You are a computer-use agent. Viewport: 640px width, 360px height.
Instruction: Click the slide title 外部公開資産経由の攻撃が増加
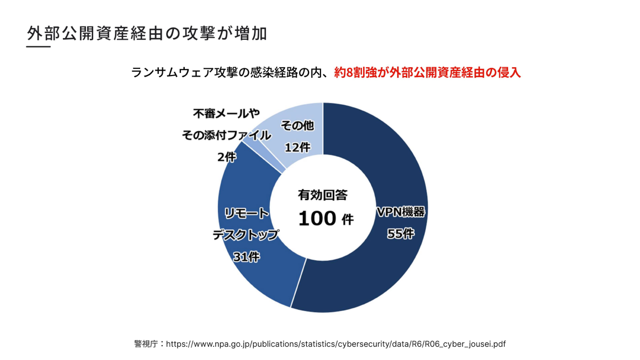147,33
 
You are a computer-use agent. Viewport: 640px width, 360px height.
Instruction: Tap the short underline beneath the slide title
38,47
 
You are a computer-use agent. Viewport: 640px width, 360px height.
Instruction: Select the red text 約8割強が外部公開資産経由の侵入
428,73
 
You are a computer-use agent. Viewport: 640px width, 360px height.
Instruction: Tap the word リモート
247,214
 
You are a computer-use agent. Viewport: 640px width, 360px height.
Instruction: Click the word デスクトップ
246,235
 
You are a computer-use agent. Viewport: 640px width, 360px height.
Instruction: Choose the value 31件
246,256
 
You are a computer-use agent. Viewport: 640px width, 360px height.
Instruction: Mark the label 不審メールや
226,114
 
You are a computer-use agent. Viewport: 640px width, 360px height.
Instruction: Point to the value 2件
226,157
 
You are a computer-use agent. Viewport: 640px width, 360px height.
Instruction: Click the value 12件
297,147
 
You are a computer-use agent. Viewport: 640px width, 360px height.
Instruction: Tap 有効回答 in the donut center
323,195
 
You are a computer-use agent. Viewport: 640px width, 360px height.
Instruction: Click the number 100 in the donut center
317,219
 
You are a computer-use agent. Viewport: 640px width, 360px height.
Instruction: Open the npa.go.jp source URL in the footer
335,344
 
